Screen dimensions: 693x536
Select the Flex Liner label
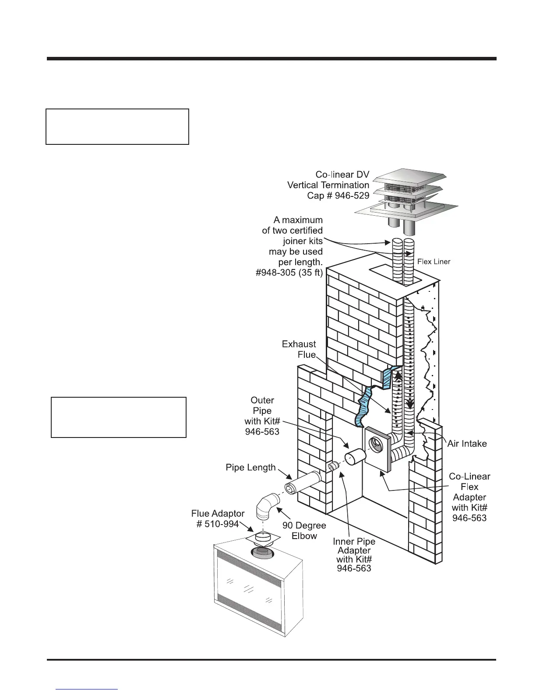(434, 262)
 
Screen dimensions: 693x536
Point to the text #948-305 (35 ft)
(289, 273)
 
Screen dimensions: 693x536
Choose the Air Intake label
(467, 444)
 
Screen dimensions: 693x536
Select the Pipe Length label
(250, 467)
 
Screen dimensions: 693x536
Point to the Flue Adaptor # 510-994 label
(218, 518)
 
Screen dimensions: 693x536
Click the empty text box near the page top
(117, 126)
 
